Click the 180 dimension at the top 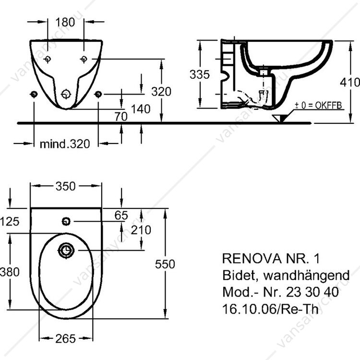pyautogui.click(x=65, y=22)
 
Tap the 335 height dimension pyautogui.click(x=199, y=74)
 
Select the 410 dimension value pyautogui.click(x=350, y=82)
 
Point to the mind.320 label pyautogui.click(x=64, y=144)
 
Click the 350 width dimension pyautogui.click(x=66, y=186)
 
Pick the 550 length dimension pyautogui.click(x=165, y=264)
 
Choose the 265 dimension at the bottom pyautogui.click(x=66, y=338)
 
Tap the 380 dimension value pyautogui.click(x=10, y=272)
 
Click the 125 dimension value pyautogui.click(x=10, y=221)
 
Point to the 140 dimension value pyautogui.click(x=141, y=109)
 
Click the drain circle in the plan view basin pyautogui.click(x=66, y=250)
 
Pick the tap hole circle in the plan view pyautogui.click(x=66, y=221)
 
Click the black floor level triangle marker pyautogui.click(x=278, y=118)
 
